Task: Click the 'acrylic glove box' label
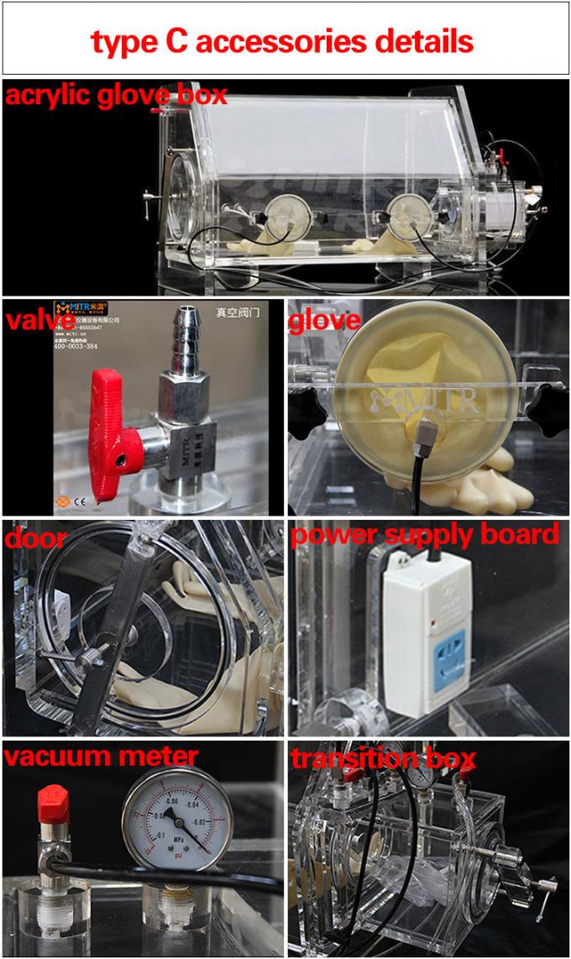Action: [x=116, y=95]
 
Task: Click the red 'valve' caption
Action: [x=32, y=322]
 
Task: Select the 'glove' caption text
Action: [x=324, y=320]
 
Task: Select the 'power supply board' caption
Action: [x=425, y=535]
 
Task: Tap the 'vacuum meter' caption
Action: [x=101, y=757]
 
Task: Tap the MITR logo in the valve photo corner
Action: [x=81, y=309]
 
